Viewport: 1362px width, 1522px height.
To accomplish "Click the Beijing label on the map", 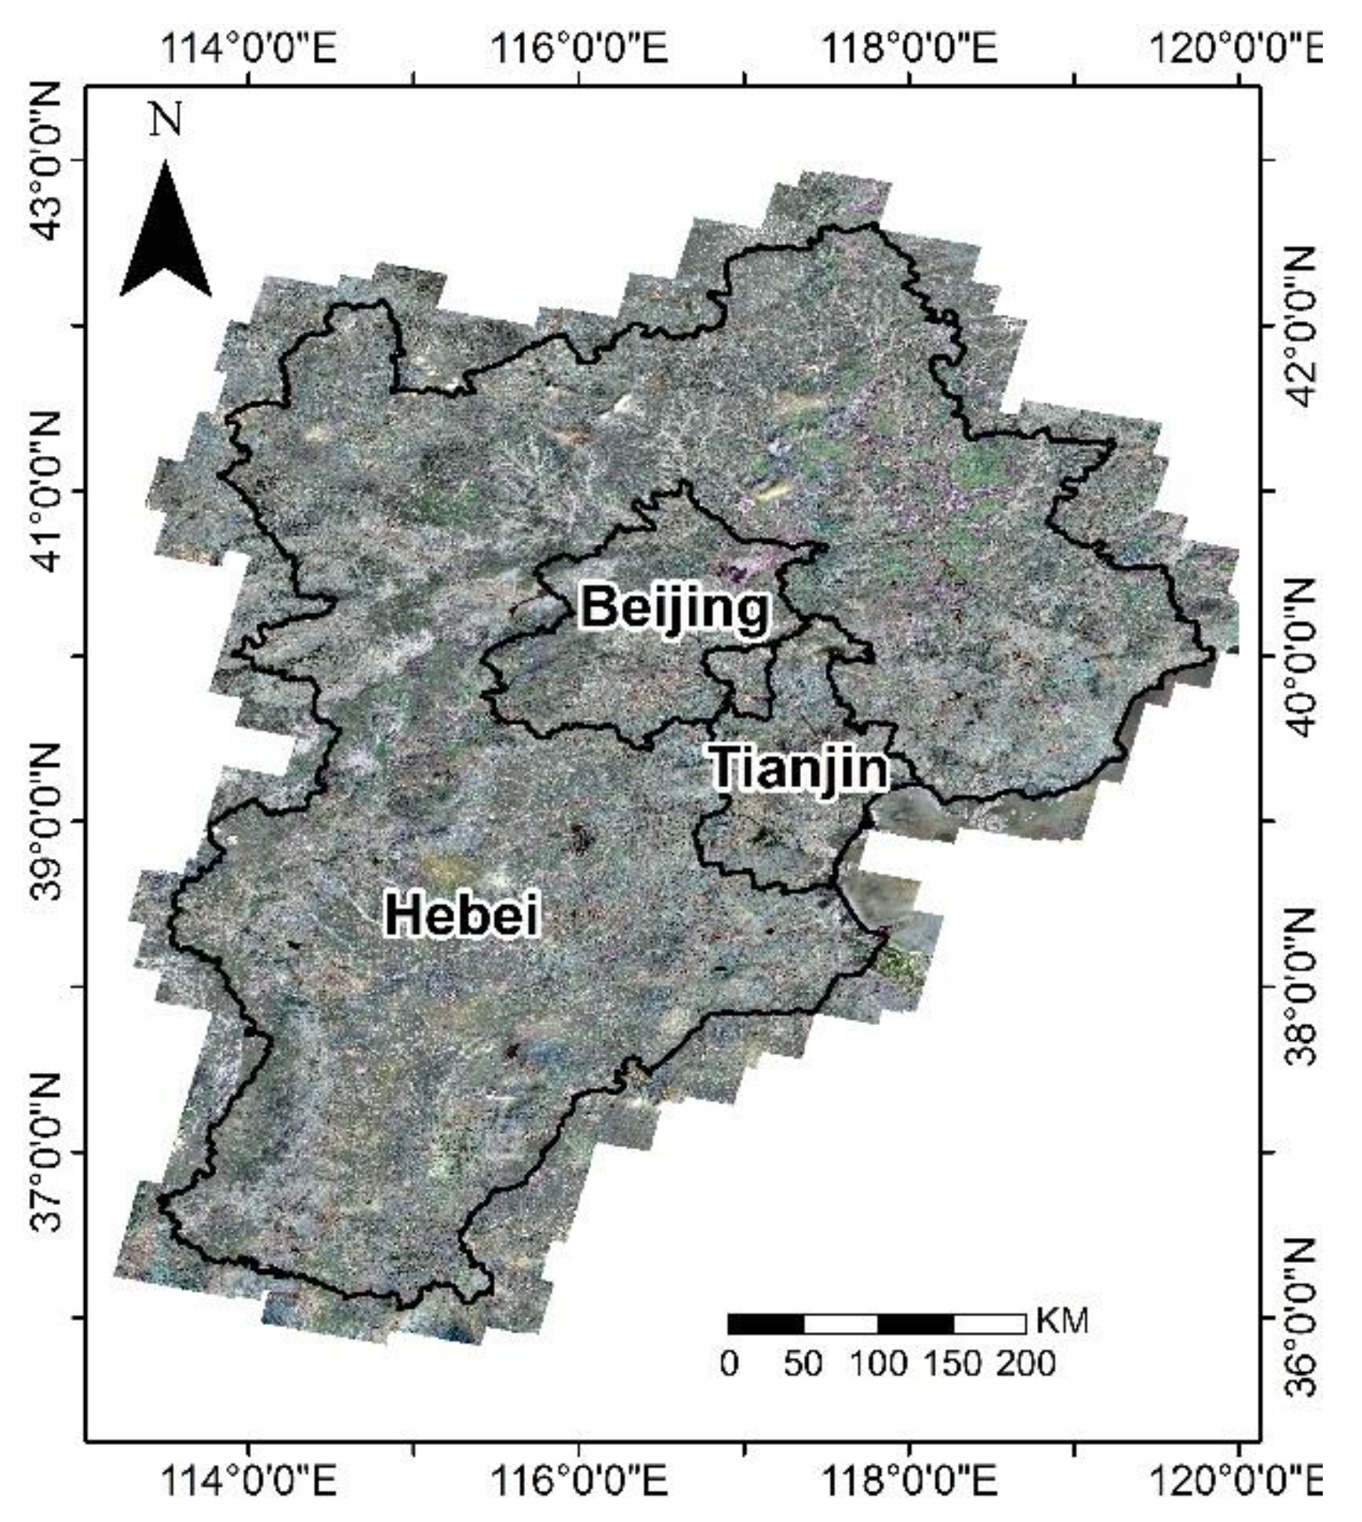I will (x=675, y=608).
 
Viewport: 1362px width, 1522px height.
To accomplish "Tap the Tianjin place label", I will (x=799, y=768).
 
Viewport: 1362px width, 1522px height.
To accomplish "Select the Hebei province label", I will (x=462, y=914).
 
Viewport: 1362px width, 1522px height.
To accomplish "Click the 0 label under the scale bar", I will (x=729, y=1363).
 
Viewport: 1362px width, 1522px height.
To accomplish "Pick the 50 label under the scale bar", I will (x=803, y=1363).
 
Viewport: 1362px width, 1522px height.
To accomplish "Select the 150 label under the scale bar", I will (x=952, y=1363).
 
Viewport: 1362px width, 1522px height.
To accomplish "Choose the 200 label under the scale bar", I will (x=1026, y=1363).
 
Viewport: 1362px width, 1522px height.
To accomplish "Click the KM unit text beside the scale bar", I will (x=1063, y=1321).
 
